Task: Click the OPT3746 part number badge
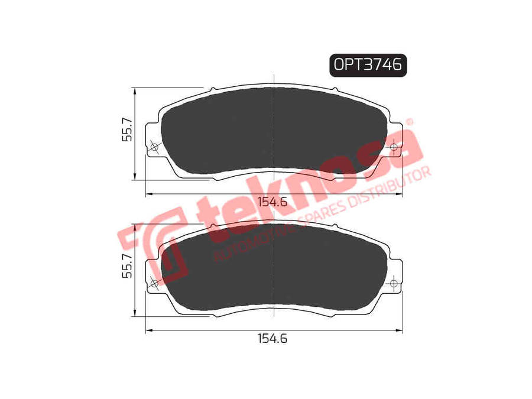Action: [368, 65]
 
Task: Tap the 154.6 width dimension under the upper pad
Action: [273, 202]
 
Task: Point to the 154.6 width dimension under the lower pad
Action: [273, 338]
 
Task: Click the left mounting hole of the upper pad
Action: [154, 147]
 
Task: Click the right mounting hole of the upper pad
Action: [394, 147]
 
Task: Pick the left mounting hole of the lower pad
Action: [154, 283]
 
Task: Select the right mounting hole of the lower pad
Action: [394, 283]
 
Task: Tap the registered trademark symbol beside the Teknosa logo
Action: [410, 122]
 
